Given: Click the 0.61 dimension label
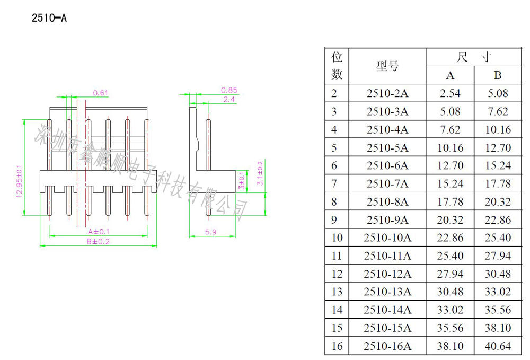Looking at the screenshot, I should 101,93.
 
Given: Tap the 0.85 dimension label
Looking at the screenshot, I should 229,90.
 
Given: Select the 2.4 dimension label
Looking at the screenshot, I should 229,99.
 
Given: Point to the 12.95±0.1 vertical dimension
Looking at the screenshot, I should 20,180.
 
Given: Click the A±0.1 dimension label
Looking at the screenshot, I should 99,232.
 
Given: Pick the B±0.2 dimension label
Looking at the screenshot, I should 99,241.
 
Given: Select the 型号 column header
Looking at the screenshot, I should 387,66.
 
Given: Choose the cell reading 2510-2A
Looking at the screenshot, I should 387,93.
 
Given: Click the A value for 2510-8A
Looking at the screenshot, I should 449,201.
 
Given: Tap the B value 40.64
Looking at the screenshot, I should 497,346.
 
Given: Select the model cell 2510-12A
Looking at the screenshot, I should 387,274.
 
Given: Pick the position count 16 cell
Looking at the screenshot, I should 337,346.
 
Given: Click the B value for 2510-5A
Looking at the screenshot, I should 497,147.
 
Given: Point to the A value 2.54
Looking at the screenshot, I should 449,93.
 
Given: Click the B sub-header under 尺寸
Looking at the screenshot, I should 497,75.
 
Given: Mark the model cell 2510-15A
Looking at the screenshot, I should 387,328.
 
